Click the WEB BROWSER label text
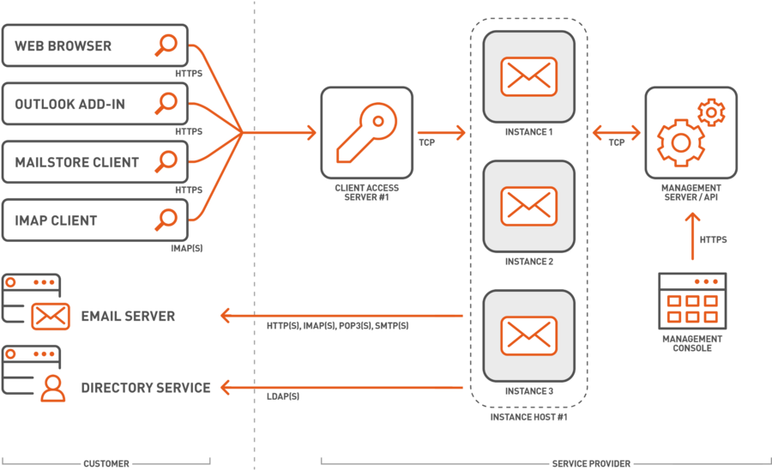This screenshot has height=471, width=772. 63,46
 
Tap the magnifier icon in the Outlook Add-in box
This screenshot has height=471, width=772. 166,104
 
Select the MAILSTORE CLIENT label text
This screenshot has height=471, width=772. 76,162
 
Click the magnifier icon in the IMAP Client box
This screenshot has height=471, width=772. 166,220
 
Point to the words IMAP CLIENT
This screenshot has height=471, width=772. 56,220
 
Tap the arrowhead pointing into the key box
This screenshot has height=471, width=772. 310,133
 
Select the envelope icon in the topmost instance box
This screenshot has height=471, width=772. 528,76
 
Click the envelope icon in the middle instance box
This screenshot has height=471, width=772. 528,206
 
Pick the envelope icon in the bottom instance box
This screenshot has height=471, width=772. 528,335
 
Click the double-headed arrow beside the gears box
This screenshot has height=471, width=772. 616,133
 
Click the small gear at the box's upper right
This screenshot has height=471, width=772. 711,112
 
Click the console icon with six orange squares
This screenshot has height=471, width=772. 691,301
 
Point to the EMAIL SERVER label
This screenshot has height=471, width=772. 128,316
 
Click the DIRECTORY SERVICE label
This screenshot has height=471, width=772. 145,388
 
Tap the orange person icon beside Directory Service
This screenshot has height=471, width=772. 52,388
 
